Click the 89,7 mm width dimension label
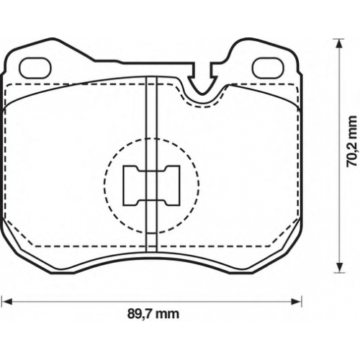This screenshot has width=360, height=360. pos(153,314)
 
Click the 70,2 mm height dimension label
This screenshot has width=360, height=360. pos(352,141)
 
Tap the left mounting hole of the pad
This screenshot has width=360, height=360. pos(35,68)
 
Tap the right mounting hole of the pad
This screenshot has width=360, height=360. pos(269,68)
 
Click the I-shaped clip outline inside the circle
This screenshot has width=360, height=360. pos(151,186)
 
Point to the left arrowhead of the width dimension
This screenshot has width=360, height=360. pos(6,301)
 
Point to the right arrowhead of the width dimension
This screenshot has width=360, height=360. pos(297,301)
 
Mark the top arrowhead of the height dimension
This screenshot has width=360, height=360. pos(338,44)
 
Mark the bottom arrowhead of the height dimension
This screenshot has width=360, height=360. pos(338,267)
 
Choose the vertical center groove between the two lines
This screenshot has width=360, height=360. pos(151,164)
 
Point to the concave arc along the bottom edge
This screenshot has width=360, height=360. pos(151,257)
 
